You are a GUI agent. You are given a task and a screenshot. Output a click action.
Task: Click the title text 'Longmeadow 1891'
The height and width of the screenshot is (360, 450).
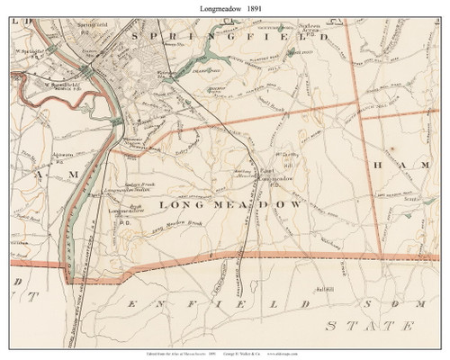point(224,8)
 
